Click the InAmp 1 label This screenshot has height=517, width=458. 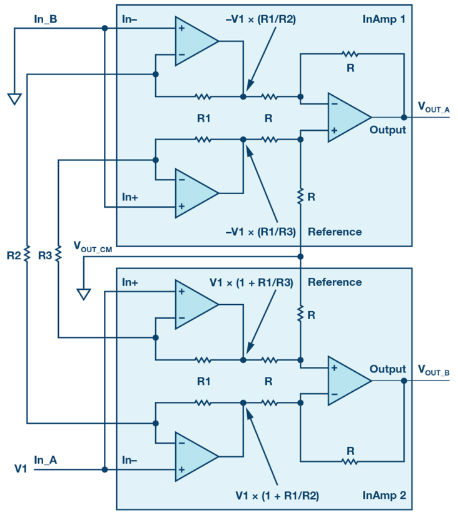[x=384, y=19]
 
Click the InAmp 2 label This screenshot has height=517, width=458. [x=384, y=495]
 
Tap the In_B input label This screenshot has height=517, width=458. [x=46, y=19]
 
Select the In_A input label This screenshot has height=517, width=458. [x=46, y=460]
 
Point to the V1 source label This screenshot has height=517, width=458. [x=21, y=469]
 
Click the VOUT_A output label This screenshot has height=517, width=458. [x=434, y=108]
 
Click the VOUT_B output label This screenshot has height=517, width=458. [x=434, y=371]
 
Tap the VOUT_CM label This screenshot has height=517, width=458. [x=93, y=247]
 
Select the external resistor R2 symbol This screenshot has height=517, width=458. [x=27, y=254]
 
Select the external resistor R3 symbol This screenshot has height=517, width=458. [x=58, y=254]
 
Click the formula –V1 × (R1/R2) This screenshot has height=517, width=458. [x=261, y=19]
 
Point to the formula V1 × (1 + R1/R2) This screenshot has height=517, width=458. [x=277, y=496]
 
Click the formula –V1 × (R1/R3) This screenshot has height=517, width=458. [x=261, y=232]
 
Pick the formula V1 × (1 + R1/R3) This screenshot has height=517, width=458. [x=252, y=282]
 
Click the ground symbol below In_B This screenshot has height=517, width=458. [x=14, y=99]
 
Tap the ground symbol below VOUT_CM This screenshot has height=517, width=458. [x=84, y=294]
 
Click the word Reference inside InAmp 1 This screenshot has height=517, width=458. [x=335, y=232]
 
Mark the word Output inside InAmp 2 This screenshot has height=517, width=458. [x=387, y=369]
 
